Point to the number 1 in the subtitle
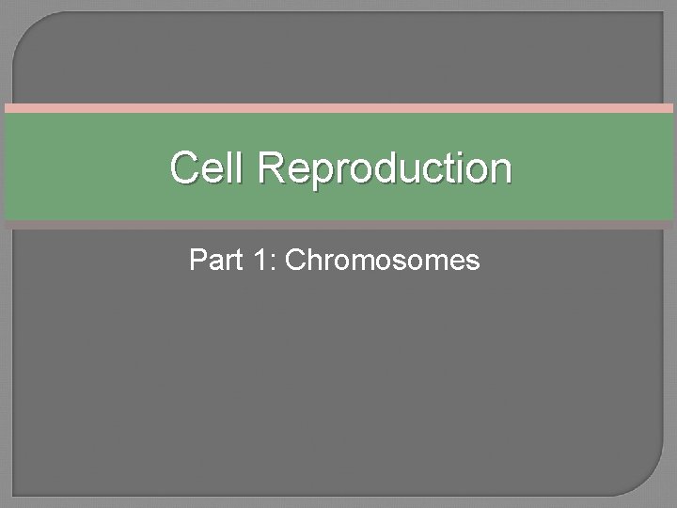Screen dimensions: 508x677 pyautogui.click(x=260, y=259)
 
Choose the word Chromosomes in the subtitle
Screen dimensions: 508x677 pyautogui.click(x=382, y=259)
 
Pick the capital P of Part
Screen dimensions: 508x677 pyautogui.click(x=197, y=259)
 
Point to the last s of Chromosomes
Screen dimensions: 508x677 pyautogui.click(x=473, y=261)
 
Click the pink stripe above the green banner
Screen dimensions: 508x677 pyautogui.click(x=338, y=109)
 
